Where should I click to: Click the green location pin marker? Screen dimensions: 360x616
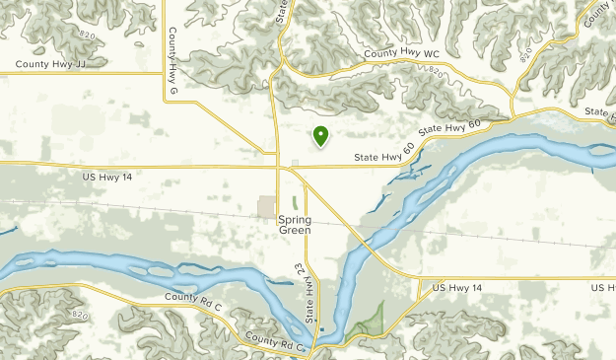pyautogui.click(x=320, y=136)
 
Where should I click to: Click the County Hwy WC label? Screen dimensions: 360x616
pyautogui.click(x=400, y=53)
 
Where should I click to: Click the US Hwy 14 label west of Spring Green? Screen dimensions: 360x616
pyautogui.click(x=108, y=176)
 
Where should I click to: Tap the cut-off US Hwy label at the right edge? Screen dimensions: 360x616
pyautogui.click(x=603, y=287)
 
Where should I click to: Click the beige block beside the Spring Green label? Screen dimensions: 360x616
pyautogui.click(x=267, y=207)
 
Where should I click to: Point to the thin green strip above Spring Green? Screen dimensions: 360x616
pyautogui.click(x=294, y=201)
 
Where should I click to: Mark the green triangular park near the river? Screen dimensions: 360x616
pyautogui.click(x=370, y=320)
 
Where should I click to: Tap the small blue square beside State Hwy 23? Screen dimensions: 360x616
pyautogui.click(x=322, y=346)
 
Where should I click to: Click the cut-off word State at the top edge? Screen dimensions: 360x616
pyautogui.click(x=282, y=11)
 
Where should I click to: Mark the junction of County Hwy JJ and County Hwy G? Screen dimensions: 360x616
pyautogui.click(x=164, y=72)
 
